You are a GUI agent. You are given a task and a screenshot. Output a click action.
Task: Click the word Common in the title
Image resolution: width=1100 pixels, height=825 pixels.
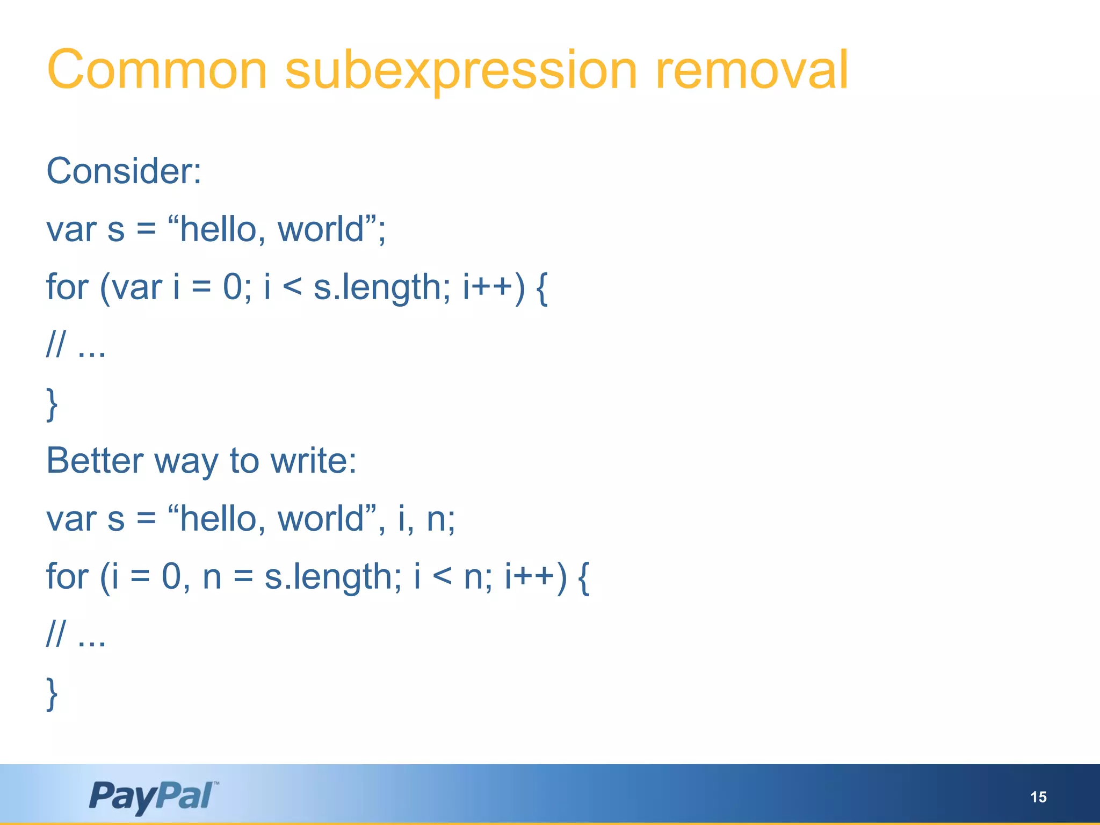(157, 70)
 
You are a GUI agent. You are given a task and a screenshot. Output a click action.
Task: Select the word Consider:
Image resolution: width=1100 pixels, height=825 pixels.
(124, 171)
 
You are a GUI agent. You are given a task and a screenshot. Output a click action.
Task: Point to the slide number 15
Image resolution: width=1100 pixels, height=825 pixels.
(1038, 797)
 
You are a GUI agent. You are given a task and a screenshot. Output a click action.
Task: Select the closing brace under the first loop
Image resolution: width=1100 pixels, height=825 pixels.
(52, 404)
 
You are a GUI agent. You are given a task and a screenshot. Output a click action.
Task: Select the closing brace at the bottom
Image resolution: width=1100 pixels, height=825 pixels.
(52, 693)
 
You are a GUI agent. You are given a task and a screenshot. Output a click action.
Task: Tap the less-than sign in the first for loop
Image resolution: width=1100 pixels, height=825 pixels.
(292, 288)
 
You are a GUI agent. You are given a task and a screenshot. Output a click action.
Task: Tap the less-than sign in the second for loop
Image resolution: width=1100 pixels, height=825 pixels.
(442, 577)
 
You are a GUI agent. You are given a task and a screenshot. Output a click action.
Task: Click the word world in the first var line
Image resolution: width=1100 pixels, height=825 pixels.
(321, 230)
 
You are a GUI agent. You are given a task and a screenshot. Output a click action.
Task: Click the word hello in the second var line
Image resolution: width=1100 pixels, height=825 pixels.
(218, 519)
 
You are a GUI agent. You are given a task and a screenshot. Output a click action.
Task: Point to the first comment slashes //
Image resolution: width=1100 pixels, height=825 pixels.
(56, 345)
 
